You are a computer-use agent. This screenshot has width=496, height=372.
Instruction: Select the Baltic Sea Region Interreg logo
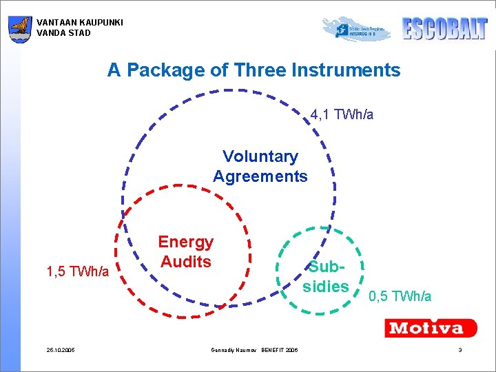click(x=357, y=29)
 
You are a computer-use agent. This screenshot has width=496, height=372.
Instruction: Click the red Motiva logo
click(x=431, y=327)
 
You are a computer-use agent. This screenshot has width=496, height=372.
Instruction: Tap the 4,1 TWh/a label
click(x=342, y=114)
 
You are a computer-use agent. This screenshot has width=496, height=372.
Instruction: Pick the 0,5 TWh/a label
click(x=400, y=296)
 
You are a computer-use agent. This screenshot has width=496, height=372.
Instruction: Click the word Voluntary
click(x=260, y=157)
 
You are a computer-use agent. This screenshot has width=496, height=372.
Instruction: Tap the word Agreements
click(x=260, y=176)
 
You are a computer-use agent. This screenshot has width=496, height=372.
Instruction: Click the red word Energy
click(x=185, y=242)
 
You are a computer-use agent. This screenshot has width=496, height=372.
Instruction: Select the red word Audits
click(x=185, y=262)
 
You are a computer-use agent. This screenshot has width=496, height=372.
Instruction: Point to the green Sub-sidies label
click(x=326, y=276)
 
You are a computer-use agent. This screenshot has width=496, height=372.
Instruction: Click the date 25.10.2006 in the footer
click(x=61, y=351)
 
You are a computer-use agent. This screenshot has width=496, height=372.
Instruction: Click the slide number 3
click(x=459, y=351)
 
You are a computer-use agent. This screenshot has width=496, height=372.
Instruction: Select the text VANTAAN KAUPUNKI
click(x=80, y=23)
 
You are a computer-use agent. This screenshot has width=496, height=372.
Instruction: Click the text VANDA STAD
click(x=63, y=32)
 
